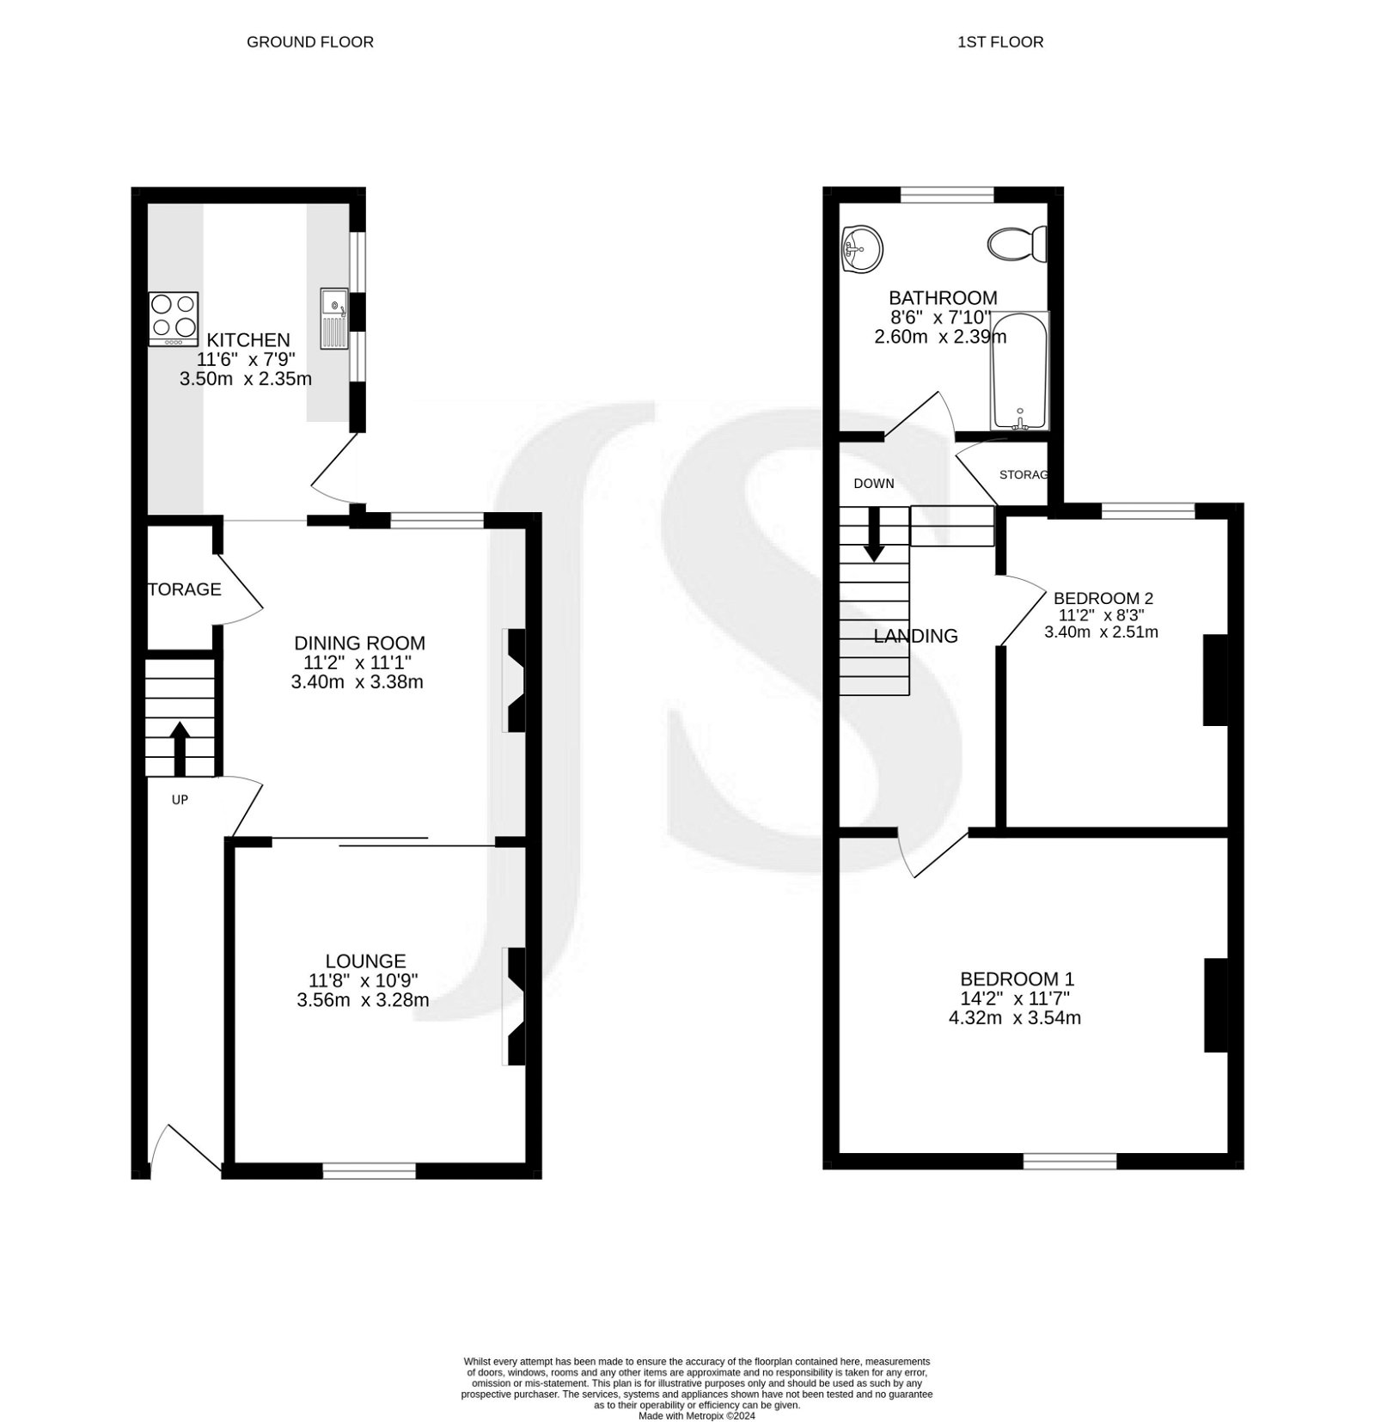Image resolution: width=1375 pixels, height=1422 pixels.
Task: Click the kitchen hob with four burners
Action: pos(174,317)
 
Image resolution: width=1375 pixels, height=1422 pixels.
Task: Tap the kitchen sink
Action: pos(334,318)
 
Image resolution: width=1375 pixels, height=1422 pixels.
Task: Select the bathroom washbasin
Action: pos(862,249)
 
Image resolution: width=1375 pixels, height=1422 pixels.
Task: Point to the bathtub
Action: pos(1019,371)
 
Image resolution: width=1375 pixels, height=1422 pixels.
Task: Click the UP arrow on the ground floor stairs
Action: pos(180,748)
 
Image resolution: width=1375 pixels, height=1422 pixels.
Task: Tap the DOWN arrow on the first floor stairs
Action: pos(874,534)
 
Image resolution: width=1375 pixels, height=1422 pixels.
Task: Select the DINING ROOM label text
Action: pos(359,643)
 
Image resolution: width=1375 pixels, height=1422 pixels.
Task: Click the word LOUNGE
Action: pos(365,961)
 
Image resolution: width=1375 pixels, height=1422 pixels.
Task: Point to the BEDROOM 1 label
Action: pos(1017,979)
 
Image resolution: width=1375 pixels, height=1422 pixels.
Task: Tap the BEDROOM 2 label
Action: pos(1103,598)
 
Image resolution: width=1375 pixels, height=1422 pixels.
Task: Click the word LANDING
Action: pos(915,636)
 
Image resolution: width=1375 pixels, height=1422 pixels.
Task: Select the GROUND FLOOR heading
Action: pos(310,41)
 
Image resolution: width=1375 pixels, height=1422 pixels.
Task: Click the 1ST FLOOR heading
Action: pos(1000,41)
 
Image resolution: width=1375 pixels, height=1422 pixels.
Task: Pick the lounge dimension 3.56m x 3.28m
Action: pos(363,1000)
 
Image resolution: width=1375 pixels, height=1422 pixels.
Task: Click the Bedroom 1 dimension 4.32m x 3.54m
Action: pos(1015,1018)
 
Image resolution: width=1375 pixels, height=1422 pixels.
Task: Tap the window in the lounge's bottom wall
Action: pos(369,1169)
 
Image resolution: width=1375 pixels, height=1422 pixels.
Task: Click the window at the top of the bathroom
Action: pos(947,194)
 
